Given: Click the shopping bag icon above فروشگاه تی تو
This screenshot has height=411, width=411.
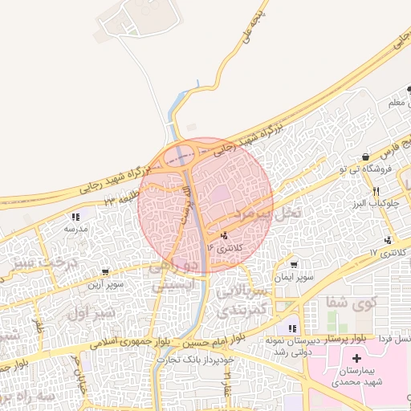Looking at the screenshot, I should tap(366, 157).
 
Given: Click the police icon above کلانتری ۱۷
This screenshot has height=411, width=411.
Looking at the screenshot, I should tap(389, 240).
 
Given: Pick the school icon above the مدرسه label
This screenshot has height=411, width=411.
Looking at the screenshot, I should tap(75, 217).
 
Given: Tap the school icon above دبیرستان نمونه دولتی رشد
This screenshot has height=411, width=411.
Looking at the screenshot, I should tap(292, 328).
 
